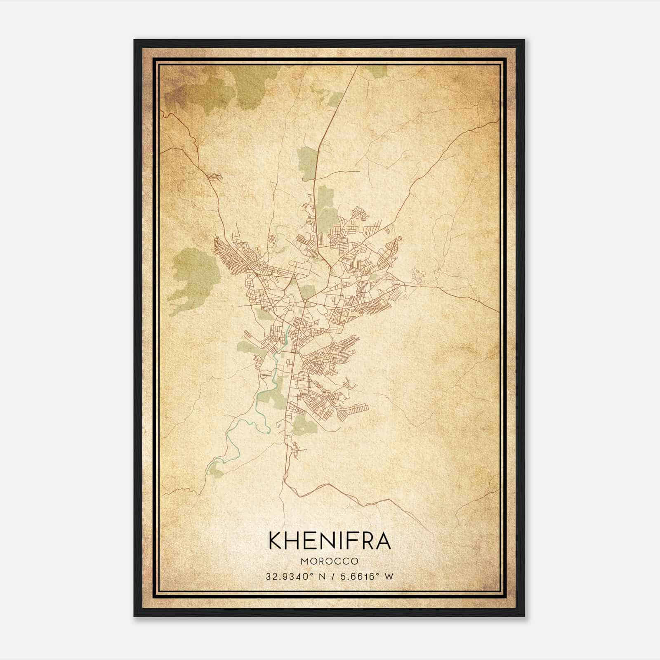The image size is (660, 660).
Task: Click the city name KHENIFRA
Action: point(330,541)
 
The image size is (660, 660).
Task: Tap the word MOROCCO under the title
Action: point(330,561)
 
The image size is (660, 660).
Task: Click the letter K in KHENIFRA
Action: point(276,541)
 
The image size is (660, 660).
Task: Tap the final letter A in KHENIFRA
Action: point(383,541)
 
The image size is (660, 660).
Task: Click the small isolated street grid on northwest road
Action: point(215,177)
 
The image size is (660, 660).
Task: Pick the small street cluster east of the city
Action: point(417,276)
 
